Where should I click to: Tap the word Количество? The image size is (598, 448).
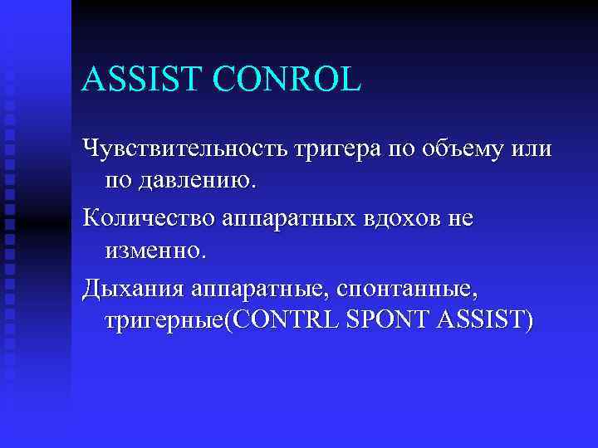click(149, 218)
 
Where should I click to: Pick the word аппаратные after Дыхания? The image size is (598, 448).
click(258, 290)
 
